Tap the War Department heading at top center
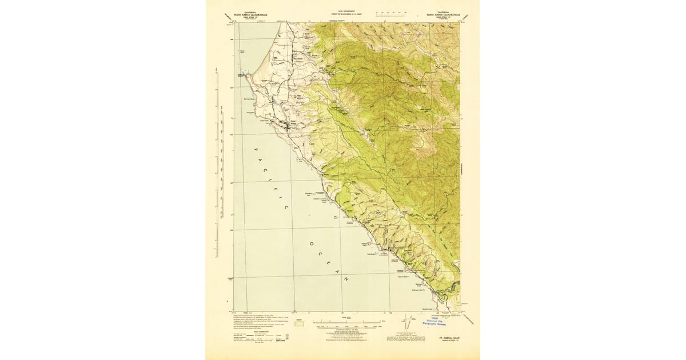tap(342, 11)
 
